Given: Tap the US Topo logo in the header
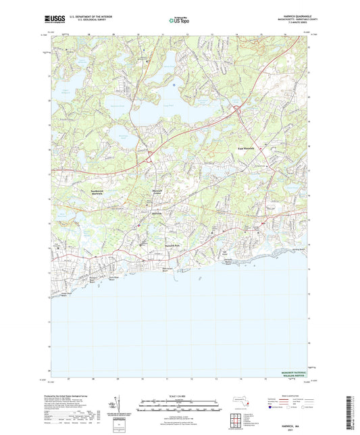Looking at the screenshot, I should [x=174, y=22].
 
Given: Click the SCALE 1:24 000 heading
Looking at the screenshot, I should [x=180, y=396].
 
